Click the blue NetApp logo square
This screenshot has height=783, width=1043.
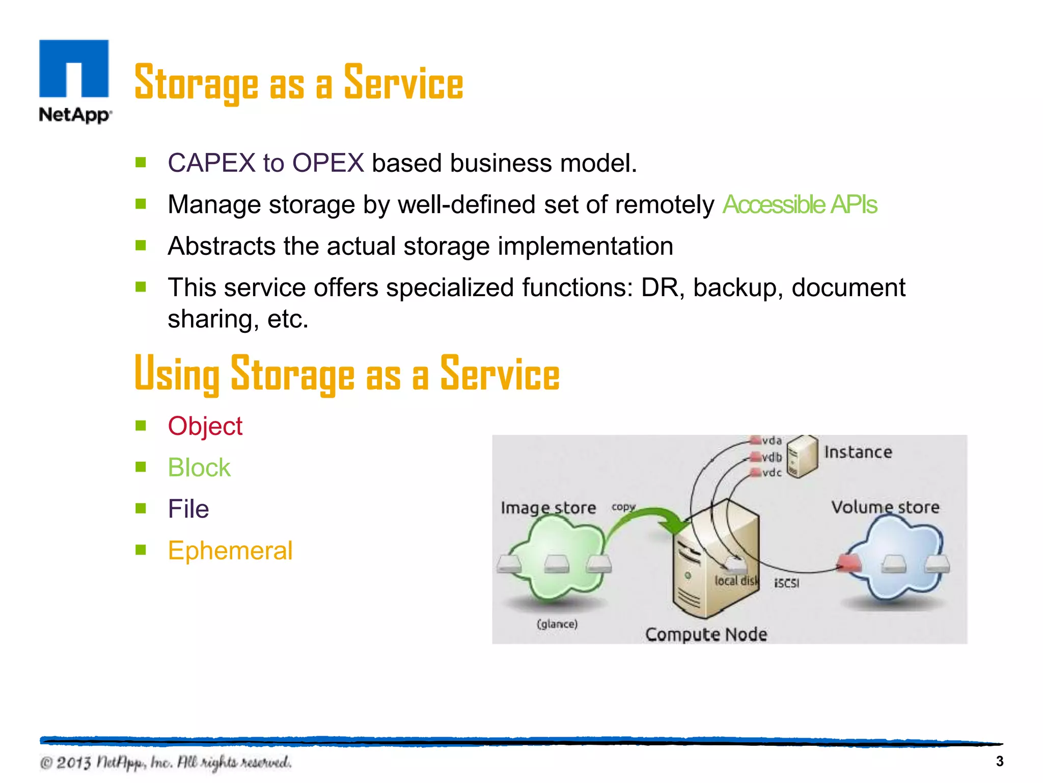74,68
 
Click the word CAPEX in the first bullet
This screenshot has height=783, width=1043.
211,163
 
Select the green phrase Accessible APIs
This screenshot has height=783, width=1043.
800,205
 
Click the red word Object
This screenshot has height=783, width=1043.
205,426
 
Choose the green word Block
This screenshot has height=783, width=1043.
199,467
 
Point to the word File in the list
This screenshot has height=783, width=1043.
188,509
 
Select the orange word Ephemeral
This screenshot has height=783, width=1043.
230,551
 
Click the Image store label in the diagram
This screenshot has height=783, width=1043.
548,508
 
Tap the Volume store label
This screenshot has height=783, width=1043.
885,507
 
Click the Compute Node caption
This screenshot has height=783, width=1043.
706,634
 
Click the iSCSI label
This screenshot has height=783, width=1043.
786,583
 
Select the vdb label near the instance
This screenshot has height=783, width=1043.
772,457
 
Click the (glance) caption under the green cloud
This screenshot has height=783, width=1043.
557,624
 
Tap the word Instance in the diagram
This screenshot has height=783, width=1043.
858,452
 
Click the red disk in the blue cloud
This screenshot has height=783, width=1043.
849,563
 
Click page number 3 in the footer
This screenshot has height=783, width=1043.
999,761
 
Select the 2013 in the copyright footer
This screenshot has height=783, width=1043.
73,763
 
